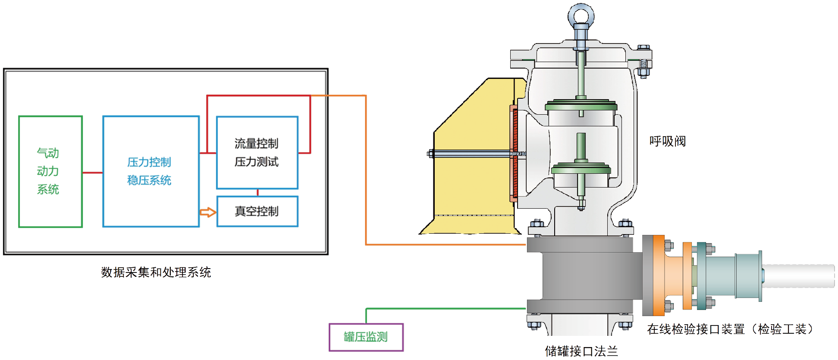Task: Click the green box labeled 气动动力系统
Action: click(x=50, y=171)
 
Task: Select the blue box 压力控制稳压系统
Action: click(x=151, y=171)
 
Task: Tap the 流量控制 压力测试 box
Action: click(x=257, y=152)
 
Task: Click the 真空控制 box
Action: click(x=257, y=211)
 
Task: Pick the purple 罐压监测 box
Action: click(x=366, y=337)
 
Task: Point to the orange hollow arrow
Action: click(x=207, y=212)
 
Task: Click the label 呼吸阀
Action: click(x=667, y=141)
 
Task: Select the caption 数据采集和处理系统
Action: click(x=156, y=272)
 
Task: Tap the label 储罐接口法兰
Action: click(x=581, y=351)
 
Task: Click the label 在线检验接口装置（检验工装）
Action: click(x=730, y=329)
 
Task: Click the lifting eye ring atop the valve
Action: click(x=581, y=16)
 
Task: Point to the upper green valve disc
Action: click(x=581, y=106)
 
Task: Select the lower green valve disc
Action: click(x=581, y=169)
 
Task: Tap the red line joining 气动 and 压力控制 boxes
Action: click(x=92, y=172)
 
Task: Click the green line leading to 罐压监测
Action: click(x=444, y=309)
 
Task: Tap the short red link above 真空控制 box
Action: click(x=257, y=192)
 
